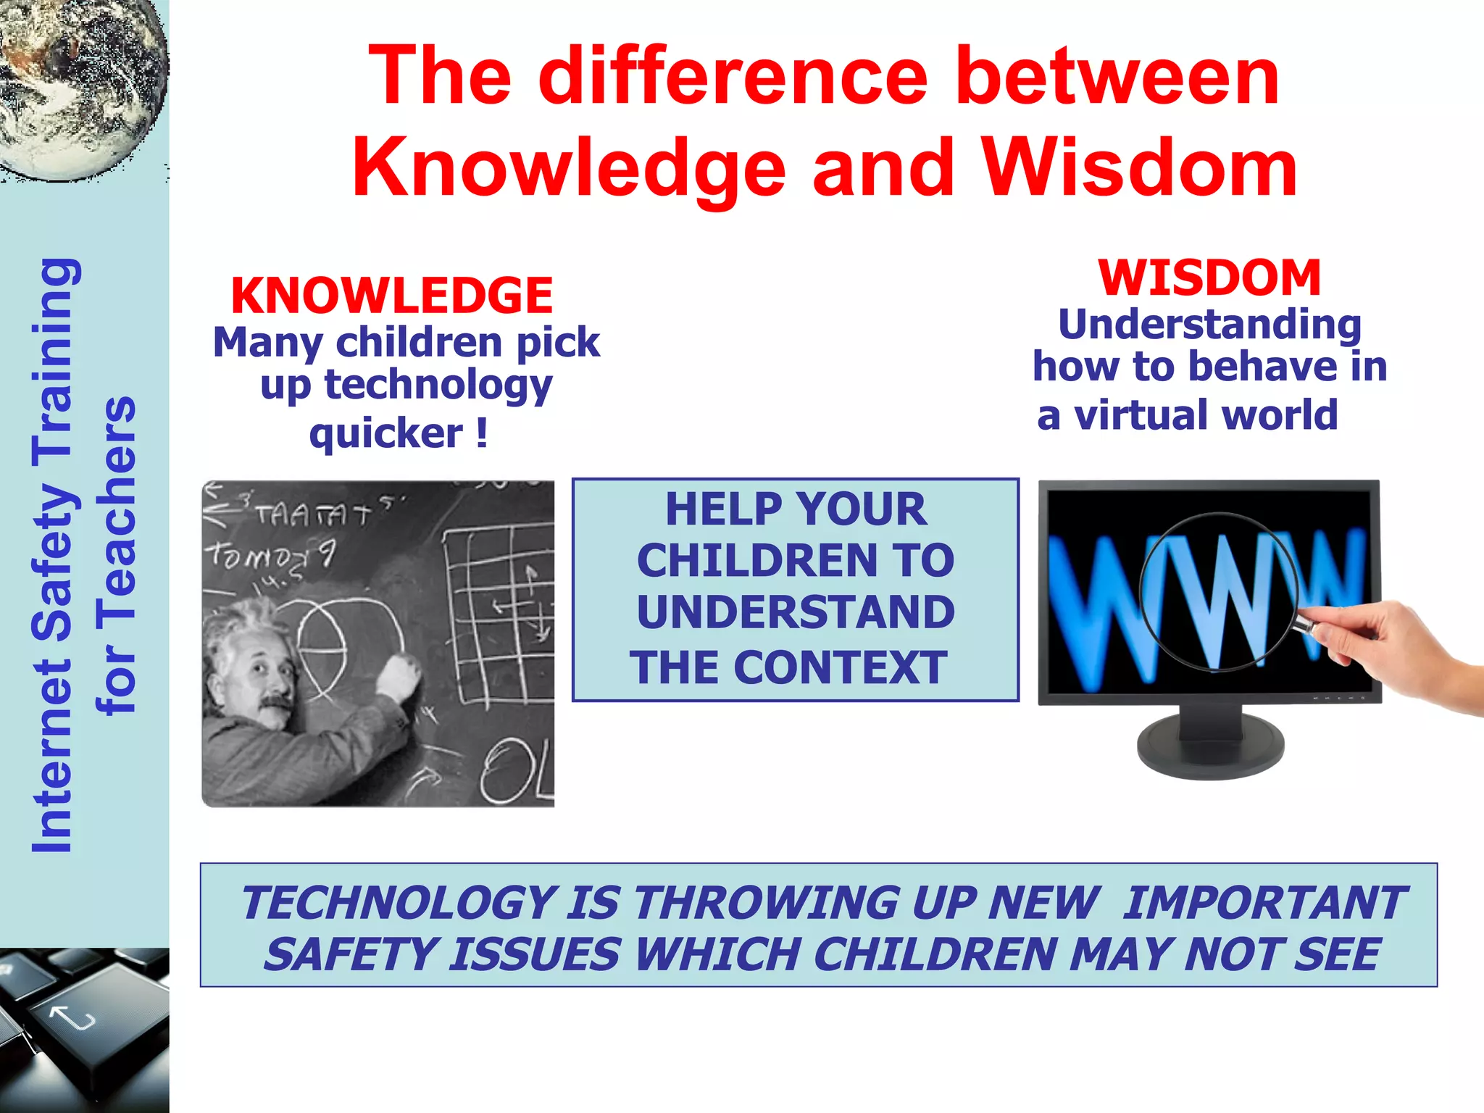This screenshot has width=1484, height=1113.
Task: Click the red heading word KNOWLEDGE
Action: [x=391, y=296]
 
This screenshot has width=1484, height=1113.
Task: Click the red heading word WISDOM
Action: [x=1209, y=278]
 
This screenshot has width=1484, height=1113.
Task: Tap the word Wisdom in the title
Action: [x=1139, y=168]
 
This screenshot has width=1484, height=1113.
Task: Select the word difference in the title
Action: [x=733, y=75]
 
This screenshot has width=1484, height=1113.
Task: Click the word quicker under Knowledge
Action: [x=385, y=433]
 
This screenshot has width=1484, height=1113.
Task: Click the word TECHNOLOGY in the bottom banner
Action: [x=398, y=904]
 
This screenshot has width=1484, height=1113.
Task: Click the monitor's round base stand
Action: [x=1210, y=746]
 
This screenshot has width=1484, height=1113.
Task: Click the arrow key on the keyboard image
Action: [x=72, y=1018]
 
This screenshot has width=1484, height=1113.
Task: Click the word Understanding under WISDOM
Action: [x=1209, y=324]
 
